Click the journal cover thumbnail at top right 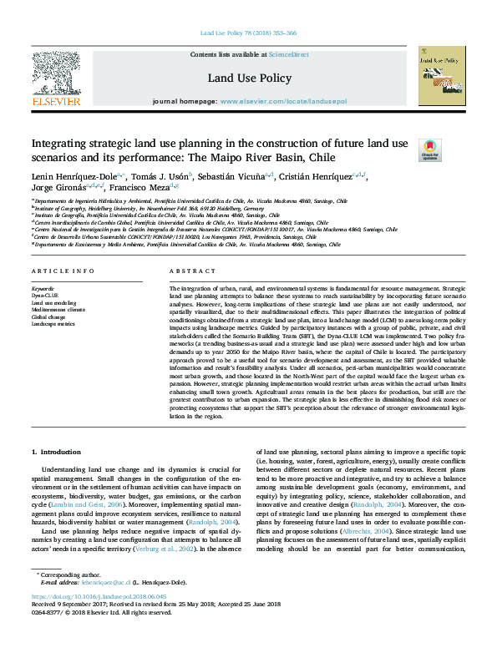pos(440,75)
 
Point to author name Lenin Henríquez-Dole pos(76,177)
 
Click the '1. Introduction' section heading pos(57,452)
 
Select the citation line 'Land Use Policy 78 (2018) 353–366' pos(248,34)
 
